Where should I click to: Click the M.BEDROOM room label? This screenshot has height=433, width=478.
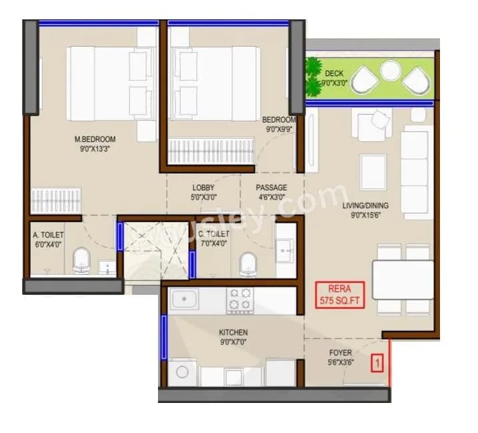[x=95, y=139]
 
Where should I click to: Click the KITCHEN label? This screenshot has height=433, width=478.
[x=233, y=332]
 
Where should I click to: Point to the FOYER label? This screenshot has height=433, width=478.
[x=340, y=353]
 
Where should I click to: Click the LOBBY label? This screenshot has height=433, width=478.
[x=203, y=187]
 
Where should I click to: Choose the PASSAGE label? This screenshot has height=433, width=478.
[x=271, y=187]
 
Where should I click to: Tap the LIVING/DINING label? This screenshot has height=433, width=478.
[x=365, y=205]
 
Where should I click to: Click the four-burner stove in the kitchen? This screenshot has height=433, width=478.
[x=240, y=300]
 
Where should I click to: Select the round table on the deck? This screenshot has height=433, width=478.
[x=389, y=69]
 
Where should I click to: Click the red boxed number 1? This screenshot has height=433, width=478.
[x=377, y=364]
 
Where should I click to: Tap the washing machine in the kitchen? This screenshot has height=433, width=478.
[x=182, y=374]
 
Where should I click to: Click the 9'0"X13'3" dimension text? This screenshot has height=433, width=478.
[x=95, y=149]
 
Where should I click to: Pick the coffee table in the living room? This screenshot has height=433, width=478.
[x=373, y=171]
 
